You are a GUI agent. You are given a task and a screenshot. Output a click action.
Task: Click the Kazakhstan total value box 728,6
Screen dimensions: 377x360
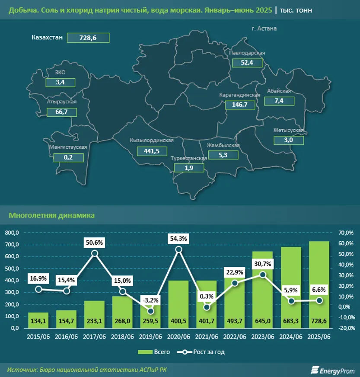(88, 38)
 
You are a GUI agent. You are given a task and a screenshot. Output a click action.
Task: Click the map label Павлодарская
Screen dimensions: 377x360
(247, 52)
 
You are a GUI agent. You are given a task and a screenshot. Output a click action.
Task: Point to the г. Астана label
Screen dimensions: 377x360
(264, 29)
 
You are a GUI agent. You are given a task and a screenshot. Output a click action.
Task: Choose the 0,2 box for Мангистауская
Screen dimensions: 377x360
(68, 157)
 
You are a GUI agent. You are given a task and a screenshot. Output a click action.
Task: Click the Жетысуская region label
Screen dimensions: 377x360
(289, 130)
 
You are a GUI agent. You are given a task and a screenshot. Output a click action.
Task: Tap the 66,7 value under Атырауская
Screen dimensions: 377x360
(61, 112)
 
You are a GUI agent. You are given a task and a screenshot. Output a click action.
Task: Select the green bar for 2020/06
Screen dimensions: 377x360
(178, 304)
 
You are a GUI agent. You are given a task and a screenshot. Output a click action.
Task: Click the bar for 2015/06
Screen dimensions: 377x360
(38, 320)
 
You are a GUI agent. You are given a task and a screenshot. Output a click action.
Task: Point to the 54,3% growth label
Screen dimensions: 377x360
(178, 238)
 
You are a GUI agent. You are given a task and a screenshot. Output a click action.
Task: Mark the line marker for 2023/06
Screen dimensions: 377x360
(262, 275)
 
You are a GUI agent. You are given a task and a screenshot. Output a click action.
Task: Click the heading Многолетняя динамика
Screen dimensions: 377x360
(52, 215)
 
